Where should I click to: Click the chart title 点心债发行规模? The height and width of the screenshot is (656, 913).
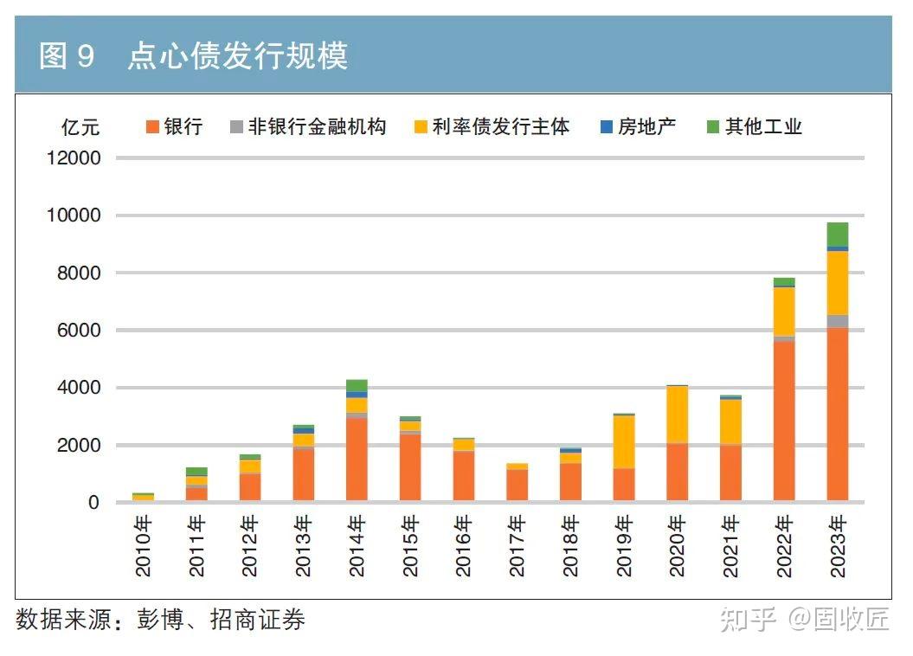click(x=237, y=56)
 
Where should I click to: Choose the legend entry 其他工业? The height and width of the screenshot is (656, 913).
click(x=754, y=126)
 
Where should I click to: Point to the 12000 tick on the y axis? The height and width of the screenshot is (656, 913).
click(x=73, y=158)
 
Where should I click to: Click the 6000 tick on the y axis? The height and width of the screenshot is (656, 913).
click(x=79, y=331)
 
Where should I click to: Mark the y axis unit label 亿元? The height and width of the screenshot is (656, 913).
click(x=80, y=127)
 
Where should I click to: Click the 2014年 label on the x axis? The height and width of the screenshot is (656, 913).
click(x=357, y=546)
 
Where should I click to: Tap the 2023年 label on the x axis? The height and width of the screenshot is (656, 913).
click(x=838, y=546)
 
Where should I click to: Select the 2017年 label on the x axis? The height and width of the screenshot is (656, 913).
click(x=517, y=546)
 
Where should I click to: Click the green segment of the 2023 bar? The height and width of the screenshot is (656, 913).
click(x=837, y=234)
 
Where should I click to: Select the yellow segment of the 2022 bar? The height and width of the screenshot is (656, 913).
click(x=784, y=311)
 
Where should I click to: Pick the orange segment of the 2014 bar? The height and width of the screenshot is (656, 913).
click(x=356, y=459)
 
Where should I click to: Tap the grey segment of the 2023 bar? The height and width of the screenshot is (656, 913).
click(x=837, y=321)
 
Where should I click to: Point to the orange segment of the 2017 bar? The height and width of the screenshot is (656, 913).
click(x=517, y=485)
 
